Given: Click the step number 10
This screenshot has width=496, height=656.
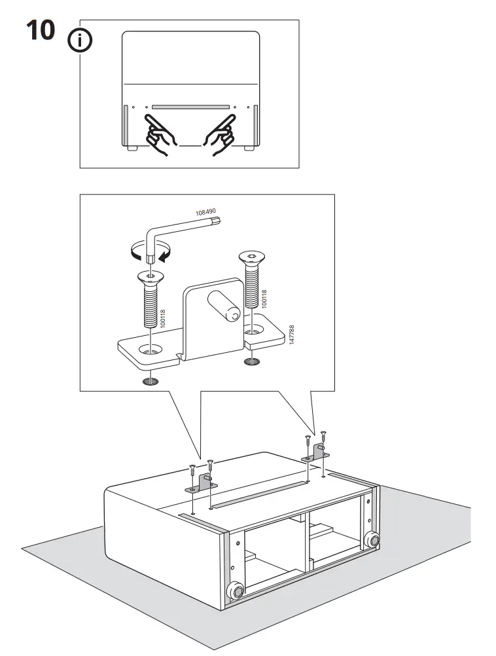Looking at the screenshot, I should pos(41,30).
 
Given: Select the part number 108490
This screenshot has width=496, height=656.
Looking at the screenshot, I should pos(205,212).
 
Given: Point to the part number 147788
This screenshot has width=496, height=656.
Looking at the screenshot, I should pos(291,336).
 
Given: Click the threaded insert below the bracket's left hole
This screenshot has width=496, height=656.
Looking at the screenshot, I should pos(151,381).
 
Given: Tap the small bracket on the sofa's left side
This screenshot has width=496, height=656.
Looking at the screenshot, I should pos(200,485).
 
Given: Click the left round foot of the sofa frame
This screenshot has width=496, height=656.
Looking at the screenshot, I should pos(234,591).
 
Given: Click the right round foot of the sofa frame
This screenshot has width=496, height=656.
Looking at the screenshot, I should pos(372,539).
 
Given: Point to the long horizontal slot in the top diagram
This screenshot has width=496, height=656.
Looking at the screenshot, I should pos(190,106).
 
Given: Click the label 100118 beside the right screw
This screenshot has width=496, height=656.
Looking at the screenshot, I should pos(264,299).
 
